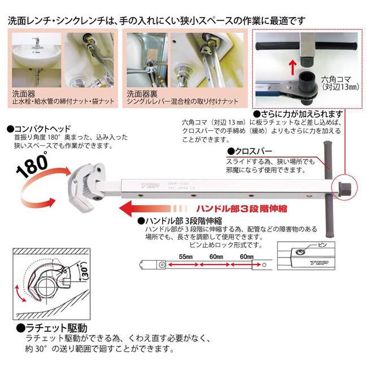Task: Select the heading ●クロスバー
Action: pos(249,152)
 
